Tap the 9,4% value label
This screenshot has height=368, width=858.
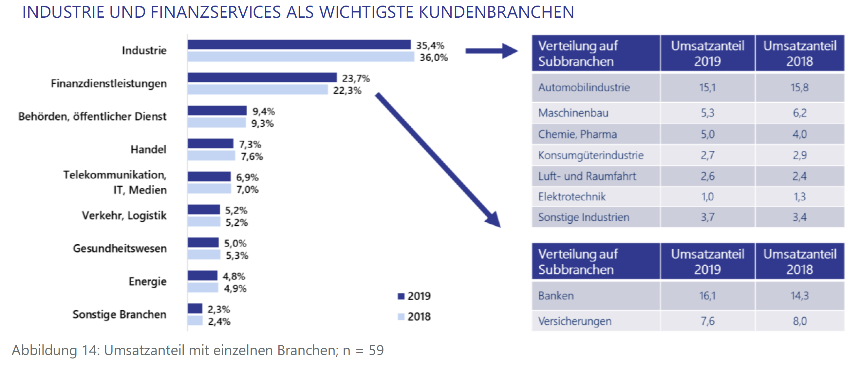tap(264, 111)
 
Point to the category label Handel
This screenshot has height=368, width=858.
tap(148, 149)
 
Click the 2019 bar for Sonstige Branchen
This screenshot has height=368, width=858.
tap(195, 308)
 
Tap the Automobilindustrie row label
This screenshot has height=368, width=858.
tap(584, 88)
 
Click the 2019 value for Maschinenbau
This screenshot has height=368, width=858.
tap(707, 113)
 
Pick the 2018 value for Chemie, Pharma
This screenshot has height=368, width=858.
tap(799, 134)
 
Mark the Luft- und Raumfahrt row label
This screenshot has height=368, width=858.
tap(587, 176)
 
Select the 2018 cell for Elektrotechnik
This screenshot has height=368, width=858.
tap(799, 196)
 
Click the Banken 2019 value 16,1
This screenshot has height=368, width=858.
tap(707, 296)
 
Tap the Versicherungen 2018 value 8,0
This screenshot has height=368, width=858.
tap(799, 321)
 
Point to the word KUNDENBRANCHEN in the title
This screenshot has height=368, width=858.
tap(496, 12)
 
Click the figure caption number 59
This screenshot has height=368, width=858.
tap(376, 350)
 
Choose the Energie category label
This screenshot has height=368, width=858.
tap(148, 281)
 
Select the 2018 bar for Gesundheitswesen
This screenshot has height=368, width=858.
tap(204, 255)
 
